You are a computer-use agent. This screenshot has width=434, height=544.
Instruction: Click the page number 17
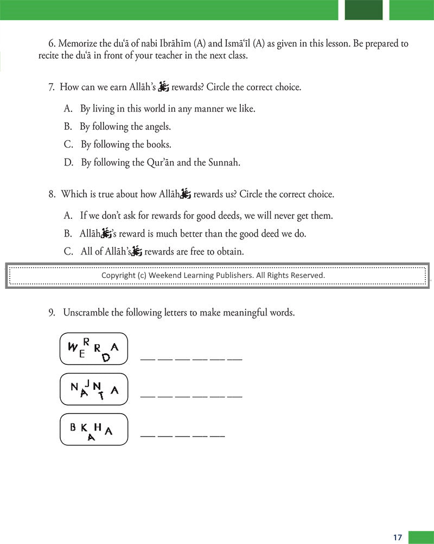pyautogui.click(x=398, y=537)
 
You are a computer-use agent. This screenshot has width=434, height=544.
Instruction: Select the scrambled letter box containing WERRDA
pyautogui.click(x=93, y=349)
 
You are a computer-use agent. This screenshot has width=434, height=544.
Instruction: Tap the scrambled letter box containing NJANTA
pyautogui.click(x=93, y=389)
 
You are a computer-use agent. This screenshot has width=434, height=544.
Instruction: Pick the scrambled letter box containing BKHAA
pyautogui.click(x=93, y=429)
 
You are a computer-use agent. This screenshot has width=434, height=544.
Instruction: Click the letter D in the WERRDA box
pyautogui.click(x=106, y=357)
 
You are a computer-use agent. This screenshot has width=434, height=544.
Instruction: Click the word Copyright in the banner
pyautogui.click(x=118, y=275)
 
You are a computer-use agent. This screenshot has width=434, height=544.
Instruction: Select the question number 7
pyautogui.click(x=52, y=87)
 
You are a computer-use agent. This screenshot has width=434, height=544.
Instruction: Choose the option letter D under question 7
pyautogui.click(x=68, y=162)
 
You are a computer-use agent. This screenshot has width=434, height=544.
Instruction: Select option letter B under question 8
pyautogui.click(x=68, y=233)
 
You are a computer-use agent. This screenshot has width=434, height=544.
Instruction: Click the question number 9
pyautogui.click(x=52, y=313)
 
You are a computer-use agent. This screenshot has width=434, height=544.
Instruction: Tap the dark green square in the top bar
pyautogui.click(x=363, y=10)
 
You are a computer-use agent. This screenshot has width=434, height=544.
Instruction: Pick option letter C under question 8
pyautogui.click(x=68, y=251)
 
